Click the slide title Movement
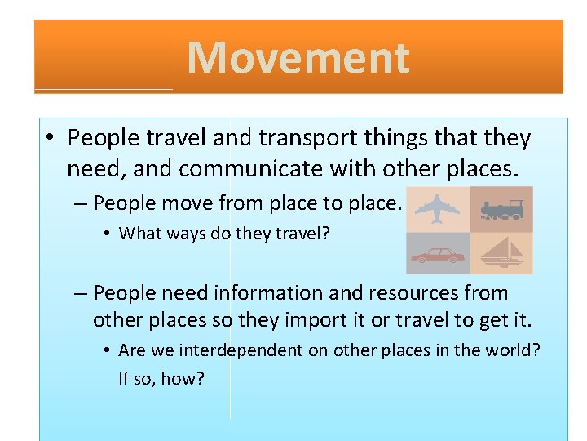click(x=298, y=58)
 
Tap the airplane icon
click(x=437, y=208)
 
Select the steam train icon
click(x=501, y=208)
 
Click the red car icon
click(x=437, y=256)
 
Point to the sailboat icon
click(x=501, y=253)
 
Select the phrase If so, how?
click(x=161, y=379)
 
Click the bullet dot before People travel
click(x=51, y=139)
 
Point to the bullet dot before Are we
click(x=107, y=351)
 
